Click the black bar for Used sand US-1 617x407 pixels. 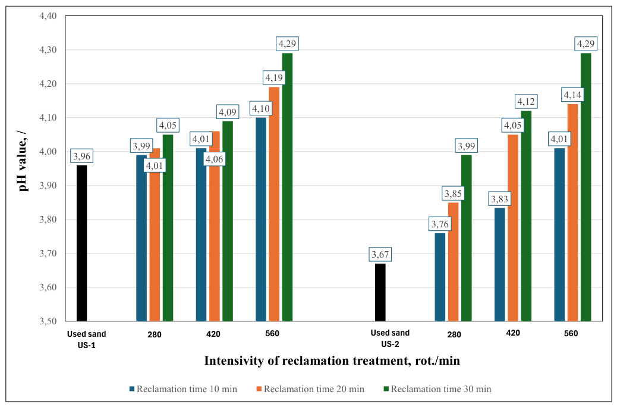click(x=82, y=243)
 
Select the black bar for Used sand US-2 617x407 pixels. click(x=380, y=292)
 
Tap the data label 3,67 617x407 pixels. click(x=380, y=255)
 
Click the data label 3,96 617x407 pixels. click(x=82, y=156)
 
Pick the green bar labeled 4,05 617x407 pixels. click(x=168, y=228)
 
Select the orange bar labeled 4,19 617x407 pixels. click(x=274, y=204)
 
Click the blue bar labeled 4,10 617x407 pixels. click(x=261, y=219)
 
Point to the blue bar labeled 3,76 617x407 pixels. click(x=440, y=277)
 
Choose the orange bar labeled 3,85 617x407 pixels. click(x=454, y=262)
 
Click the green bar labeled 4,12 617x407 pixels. click(x=526, y=216)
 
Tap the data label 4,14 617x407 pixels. click(x=572, y=95)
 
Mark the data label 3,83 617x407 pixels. click(x=500, y=199)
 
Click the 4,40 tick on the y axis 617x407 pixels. click(x=48, y=16)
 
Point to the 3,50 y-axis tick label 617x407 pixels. click(x=48, y=321)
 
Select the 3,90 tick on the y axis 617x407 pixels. click(x=48, y=186)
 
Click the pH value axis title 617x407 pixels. click(x=23, y=160)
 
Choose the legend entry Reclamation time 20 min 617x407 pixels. click(x=310, y=389)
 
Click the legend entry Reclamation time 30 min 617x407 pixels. click(x=437, y=389)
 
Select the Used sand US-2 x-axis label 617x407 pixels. click(x=390, y=339)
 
